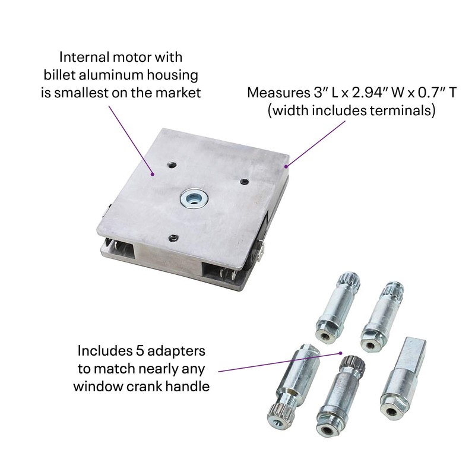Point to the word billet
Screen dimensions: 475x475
click(x=67, y=75)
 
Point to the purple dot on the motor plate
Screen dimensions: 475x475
click(x=154, y=174)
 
